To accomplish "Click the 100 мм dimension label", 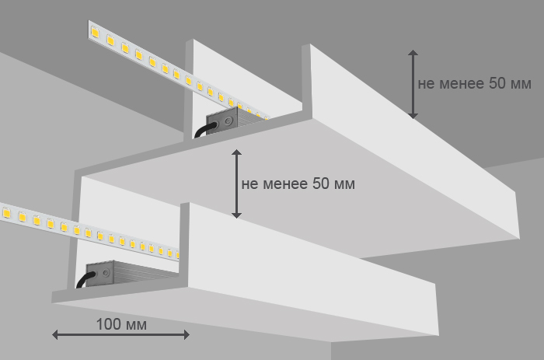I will (120, 323).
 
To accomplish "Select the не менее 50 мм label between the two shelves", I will (298, 184).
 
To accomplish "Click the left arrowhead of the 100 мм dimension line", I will (55, 334).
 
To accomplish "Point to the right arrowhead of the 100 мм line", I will (187, 334).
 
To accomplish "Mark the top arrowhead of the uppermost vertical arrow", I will (413, 54).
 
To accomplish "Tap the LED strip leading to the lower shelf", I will (85, 231).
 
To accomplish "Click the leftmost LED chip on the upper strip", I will (96, 32).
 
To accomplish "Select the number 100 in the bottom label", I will (108, 323).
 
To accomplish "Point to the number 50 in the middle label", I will (321, 184).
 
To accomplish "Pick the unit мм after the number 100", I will (135, 323).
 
